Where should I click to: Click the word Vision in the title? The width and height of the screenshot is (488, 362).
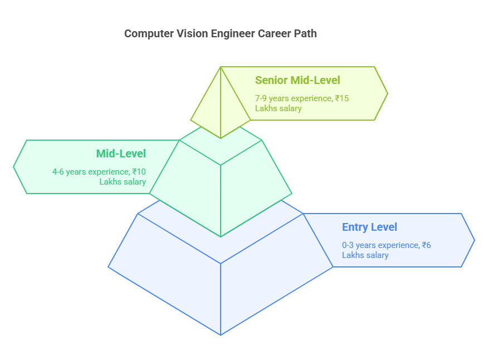[193, 33]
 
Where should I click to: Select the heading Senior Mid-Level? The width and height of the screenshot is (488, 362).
[297, 80]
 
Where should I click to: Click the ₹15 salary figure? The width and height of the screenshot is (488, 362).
[342, 98]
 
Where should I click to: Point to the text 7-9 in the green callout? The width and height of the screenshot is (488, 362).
[261, 98]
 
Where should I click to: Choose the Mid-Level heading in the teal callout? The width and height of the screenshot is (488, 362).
[121, 153]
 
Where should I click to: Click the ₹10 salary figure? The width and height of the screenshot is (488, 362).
[139, 172]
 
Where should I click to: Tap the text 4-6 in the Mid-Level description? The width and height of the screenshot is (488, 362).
[59, 172]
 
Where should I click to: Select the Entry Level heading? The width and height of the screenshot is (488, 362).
[369, 227]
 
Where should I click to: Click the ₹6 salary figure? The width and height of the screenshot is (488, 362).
[426, 245]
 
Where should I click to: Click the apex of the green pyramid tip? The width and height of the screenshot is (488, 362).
[221, 67]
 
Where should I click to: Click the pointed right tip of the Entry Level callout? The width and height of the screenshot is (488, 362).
[474, 240]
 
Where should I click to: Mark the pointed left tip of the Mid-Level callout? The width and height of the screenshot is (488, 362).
[14, 166]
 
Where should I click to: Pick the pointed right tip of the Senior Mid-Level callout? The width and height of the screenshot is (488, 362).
[387, 93]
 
